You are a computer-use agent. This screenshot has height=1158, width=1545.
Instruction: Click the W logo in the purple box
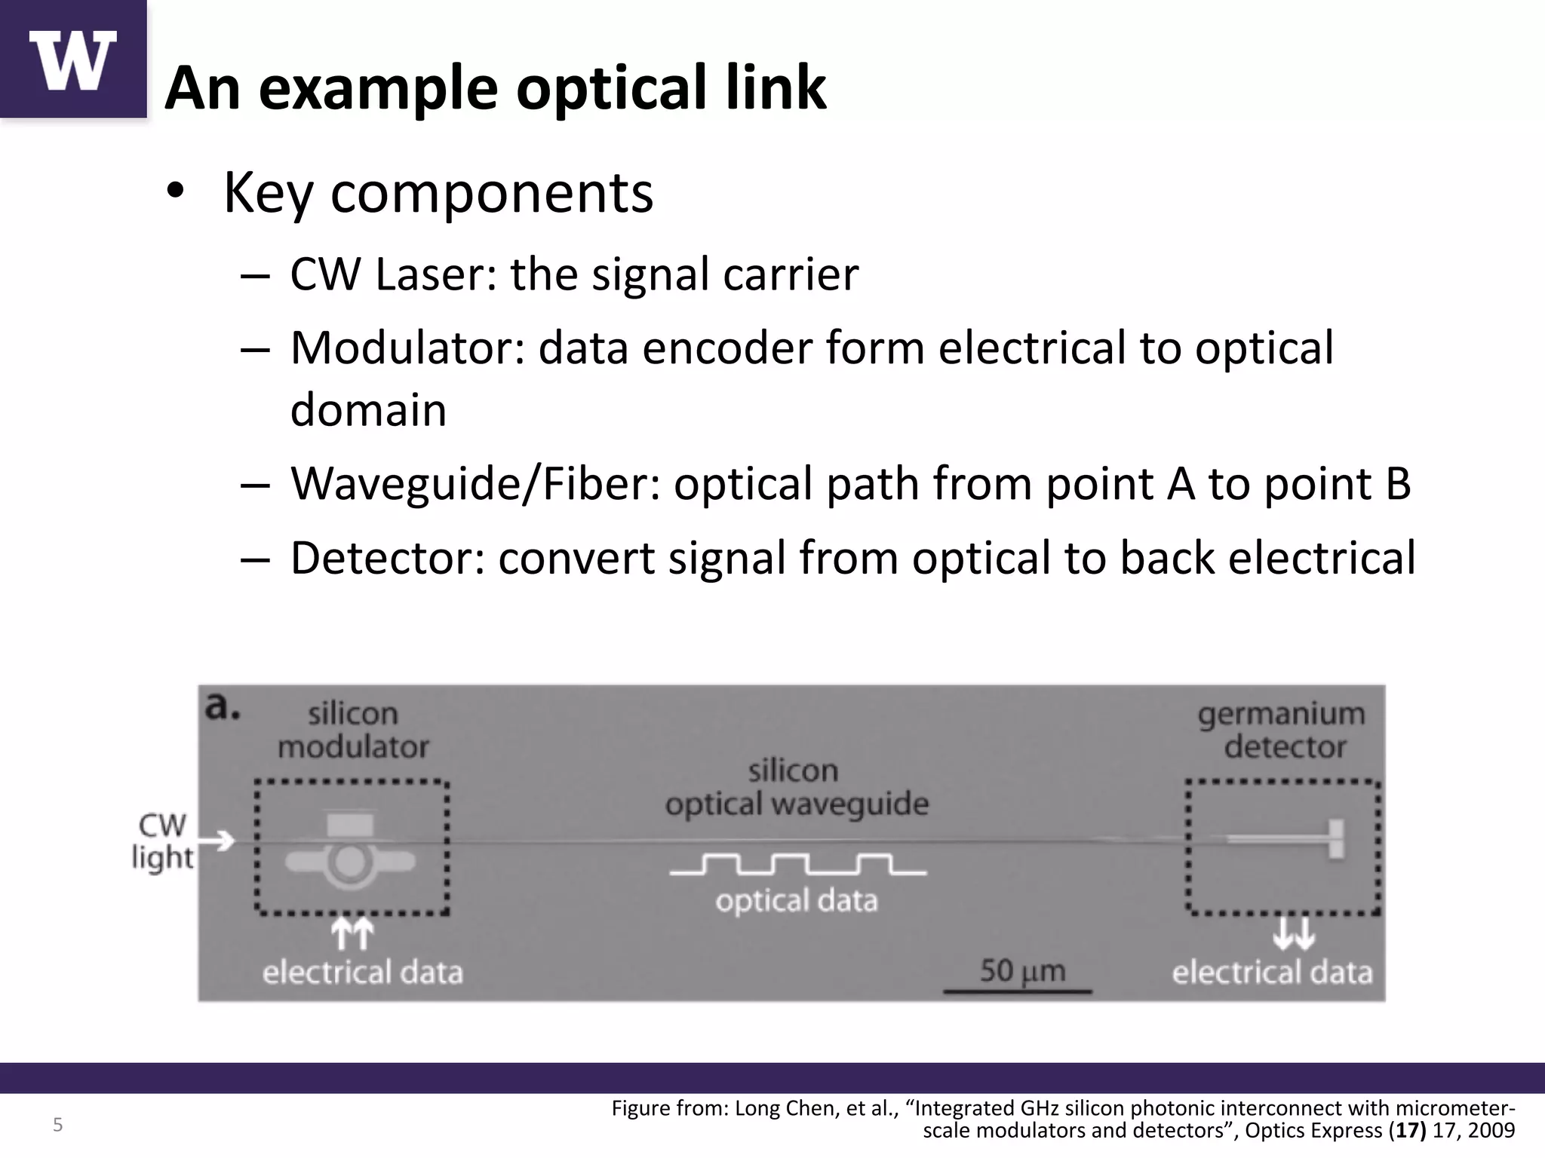[x=73, y=60]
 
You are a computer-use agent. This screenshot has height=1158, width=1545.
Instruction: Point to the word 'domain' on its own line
[x=368, y=410]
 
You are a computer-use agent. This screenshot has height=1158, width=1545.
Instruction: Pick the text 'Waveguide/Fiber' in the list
[x=475, y=483]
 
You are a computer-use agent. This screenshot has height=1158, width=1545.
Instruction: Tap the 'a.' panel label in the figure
[x=223, y=707]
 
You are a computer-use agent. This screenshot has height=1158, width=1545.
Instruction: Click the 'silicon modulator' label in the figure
[x=353, y=730]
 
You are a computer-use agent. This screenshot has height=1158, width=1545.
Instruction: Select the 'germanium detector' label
[x=1282, y=730]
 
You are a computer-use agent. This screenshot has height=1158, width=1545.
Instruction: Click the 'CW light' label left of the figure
[x=162, y=841]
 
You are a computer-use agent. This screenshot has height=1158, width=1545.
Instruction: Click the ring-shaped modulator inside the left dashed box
[x=349, y=862]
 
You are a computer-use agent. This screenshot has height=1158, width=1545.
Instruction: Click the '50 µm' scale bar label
[x=1022, y=971]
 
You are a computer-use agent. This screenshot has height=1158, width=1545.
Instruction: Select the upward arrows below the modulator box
[x=352, y=934]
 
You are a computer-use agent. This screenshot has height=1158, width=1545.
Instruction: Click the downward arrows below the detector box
[x=1293, y=934]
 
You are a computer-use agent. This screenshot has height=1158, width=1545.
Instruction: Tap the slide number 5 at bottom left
[x=57, y=1126]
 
